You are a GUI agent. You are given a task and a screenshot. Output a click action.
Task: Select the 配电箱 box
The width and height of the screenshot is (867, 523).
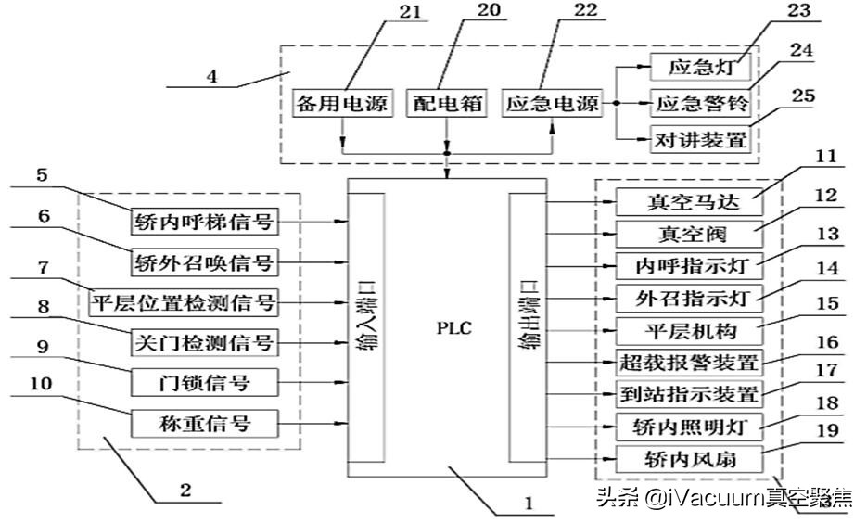pyautogui.click(x=448, y=103)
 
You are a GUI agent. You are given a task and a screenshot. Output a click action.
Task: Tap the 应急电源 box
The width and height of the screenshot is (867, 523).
pyautogui.click(x=554, y=103)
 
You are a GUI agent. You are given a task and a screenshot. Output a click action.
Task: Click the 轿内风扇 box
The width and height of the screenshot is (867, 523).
pyautogui.click(x=687, y=458)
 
